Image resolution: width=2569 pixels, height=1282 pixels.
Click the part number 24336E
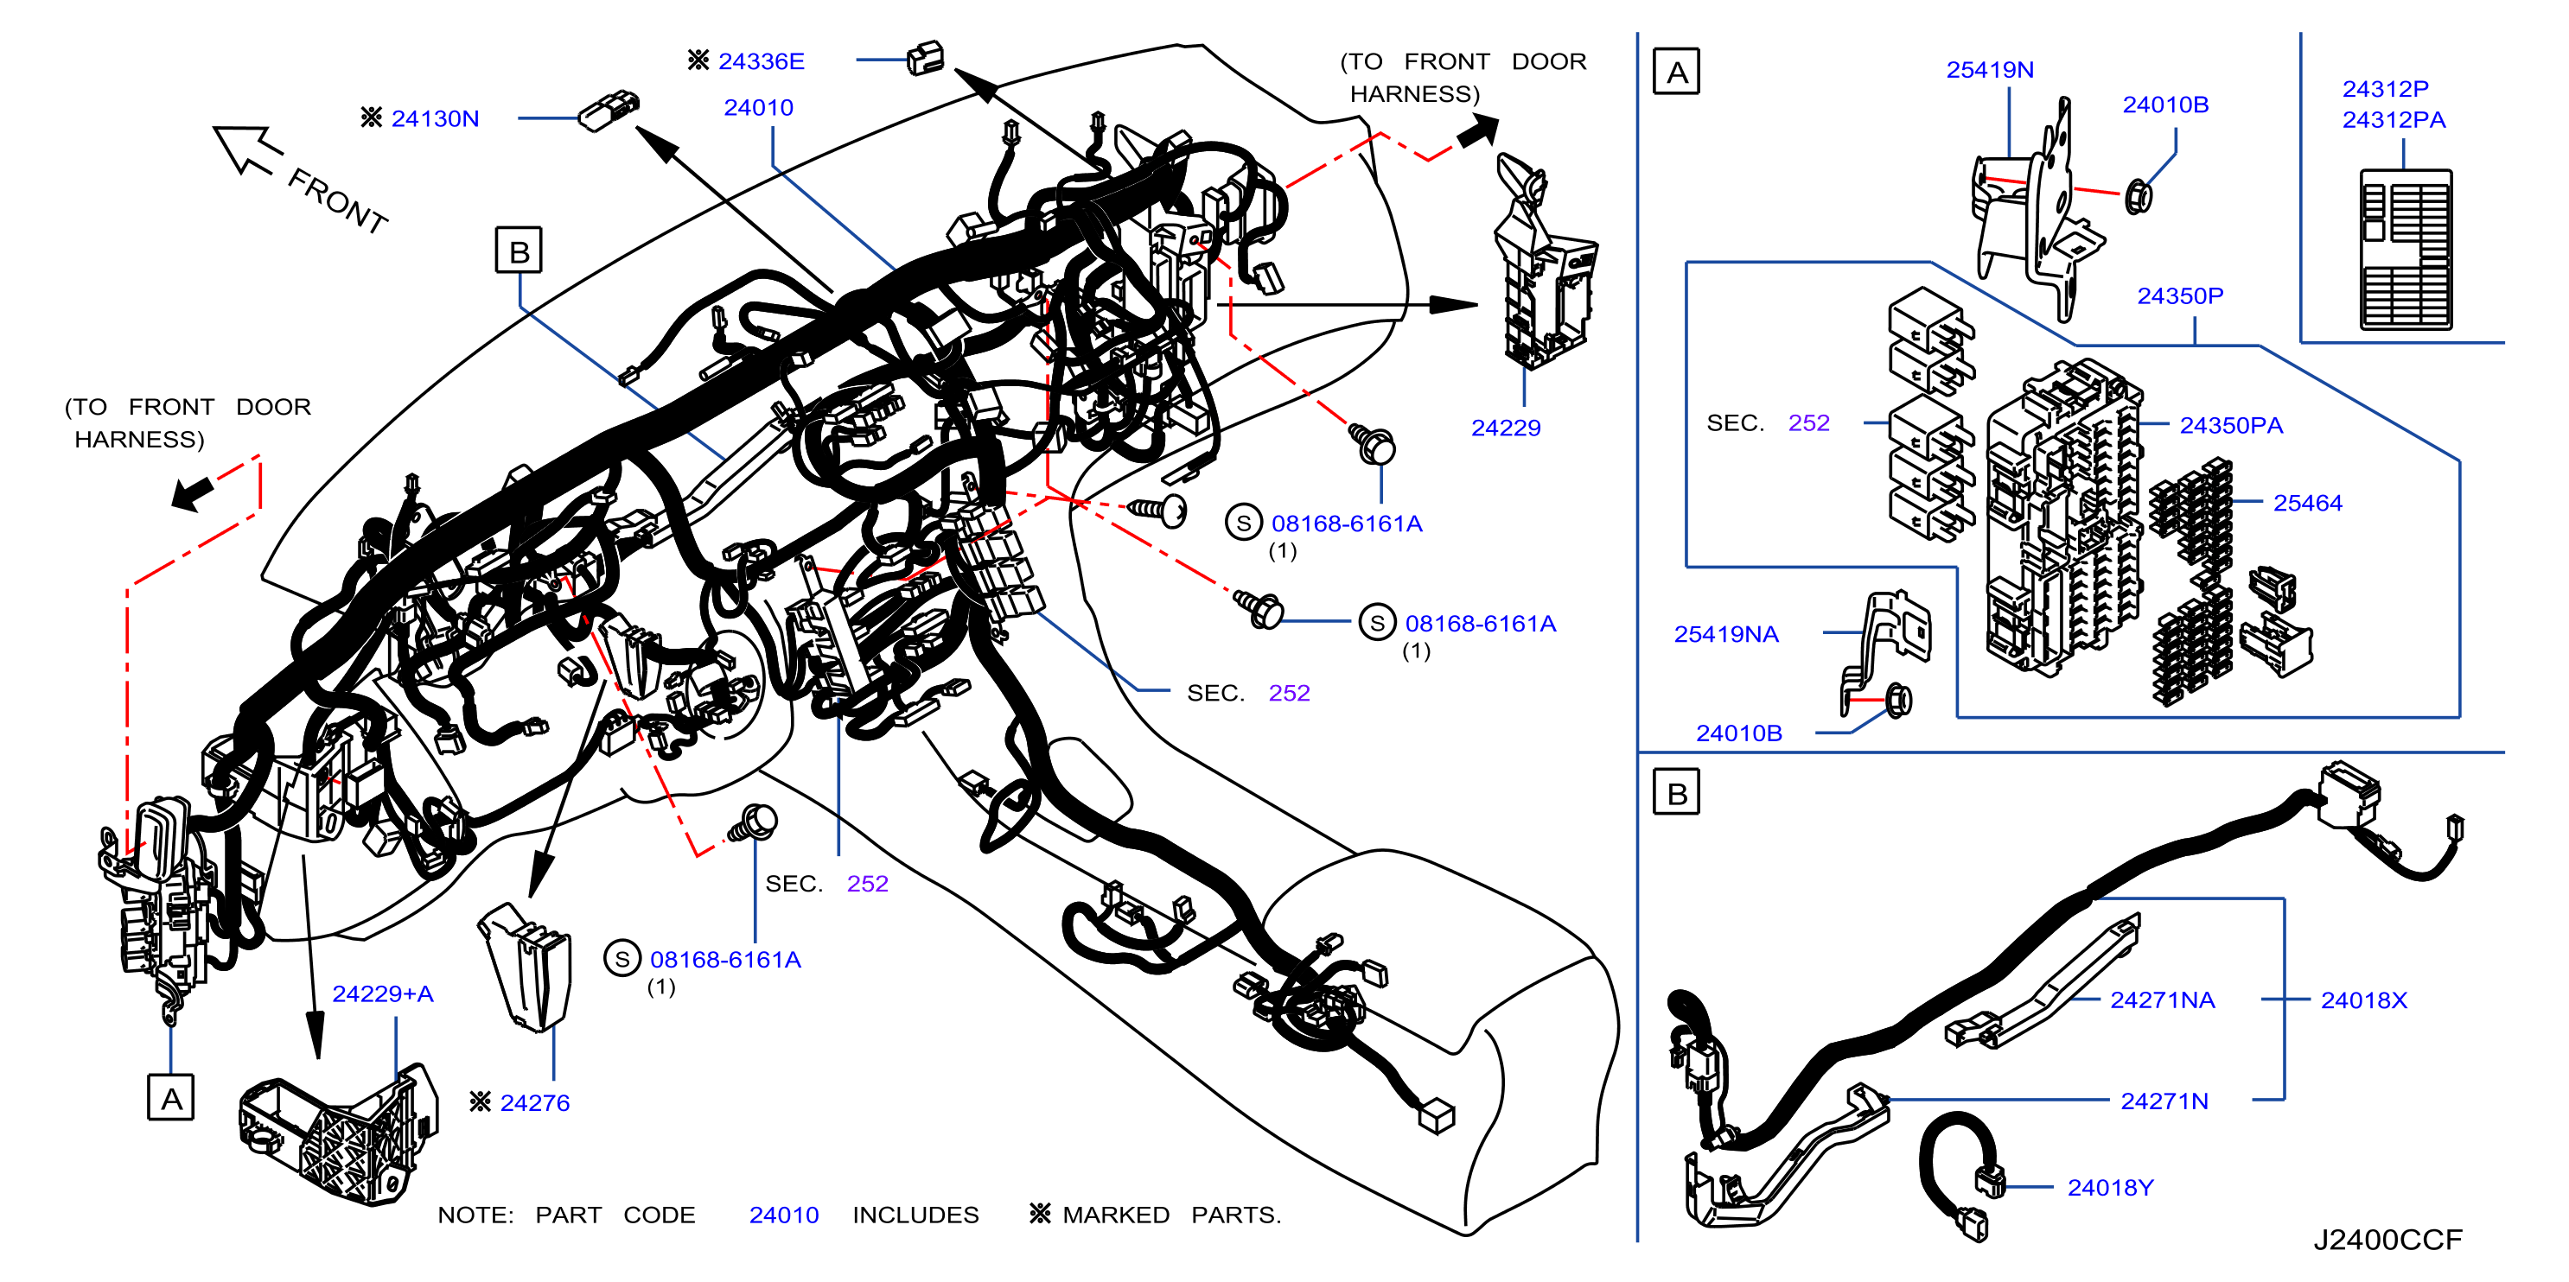tap(761, 62)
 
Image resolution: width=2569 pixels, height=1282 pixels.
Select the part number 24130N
tap(435, 118)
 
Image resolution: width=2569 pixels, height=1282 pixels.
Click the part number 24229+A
tap(383, 994)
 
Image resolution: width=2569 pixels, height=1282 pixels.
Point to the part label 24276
tap(534, 1102)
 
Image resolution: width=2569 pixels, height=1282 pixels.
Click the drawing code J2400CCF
tap(2387, 1241)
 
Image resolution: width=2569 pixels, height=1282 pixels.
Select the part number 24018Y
tap(2110, 1187)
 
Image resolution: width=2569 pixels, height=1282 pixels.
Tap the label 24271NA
tap(2162, 1000)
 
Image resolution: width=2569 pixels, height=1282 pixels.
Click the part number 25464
tap(2308, 504)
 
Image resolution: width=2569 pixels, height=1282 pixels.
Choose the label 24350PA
tap(2231, 426)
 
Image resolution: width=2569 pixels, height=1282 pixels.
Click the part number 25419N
tap(1990, 70)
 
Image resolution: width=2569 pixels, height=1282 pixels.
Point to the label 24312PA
tap(2394, 119)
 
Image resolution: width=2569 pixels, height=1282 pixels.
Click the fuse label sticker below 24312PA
tap(2406, 249)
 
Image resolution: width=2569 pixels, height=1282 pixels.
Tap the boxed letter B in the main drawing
tap(519, 251)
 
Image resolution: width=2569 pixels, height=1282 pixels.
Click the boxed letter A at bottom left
tap(170, 1098)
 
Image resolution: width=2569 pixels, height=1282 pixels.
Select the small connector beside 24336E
tap(926, 59)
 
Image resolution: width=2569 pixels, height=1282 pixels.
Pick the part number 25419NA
tap(1725, 634)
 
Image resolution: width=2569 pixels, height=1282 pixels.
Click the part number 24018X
tap(2363, 1000)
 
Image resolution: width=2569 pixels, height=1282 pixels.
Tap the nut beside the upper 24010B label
tap(2137, 196)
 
